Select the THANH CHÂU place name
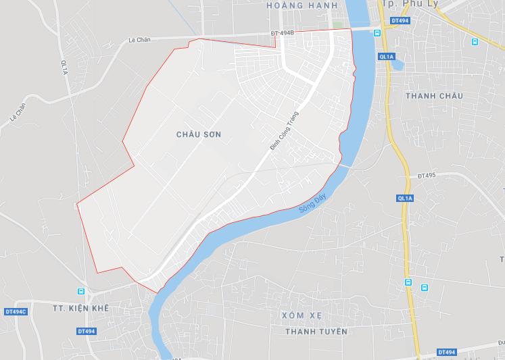(434, 96)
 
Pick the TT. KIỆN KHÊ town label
(80, 308)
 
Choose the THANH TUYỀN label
(316, 331)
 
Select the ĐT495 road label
(427, 176)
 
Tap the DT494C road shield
(15, 311)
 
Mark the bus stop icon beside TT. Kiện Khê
(81, 292)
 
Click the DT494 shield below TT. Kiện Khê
(86, 331)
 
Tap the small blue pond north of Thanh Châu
(398, 65)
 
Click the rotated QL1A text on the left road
(64, 68)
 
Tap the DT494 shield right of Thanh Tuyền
(447, 352)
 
